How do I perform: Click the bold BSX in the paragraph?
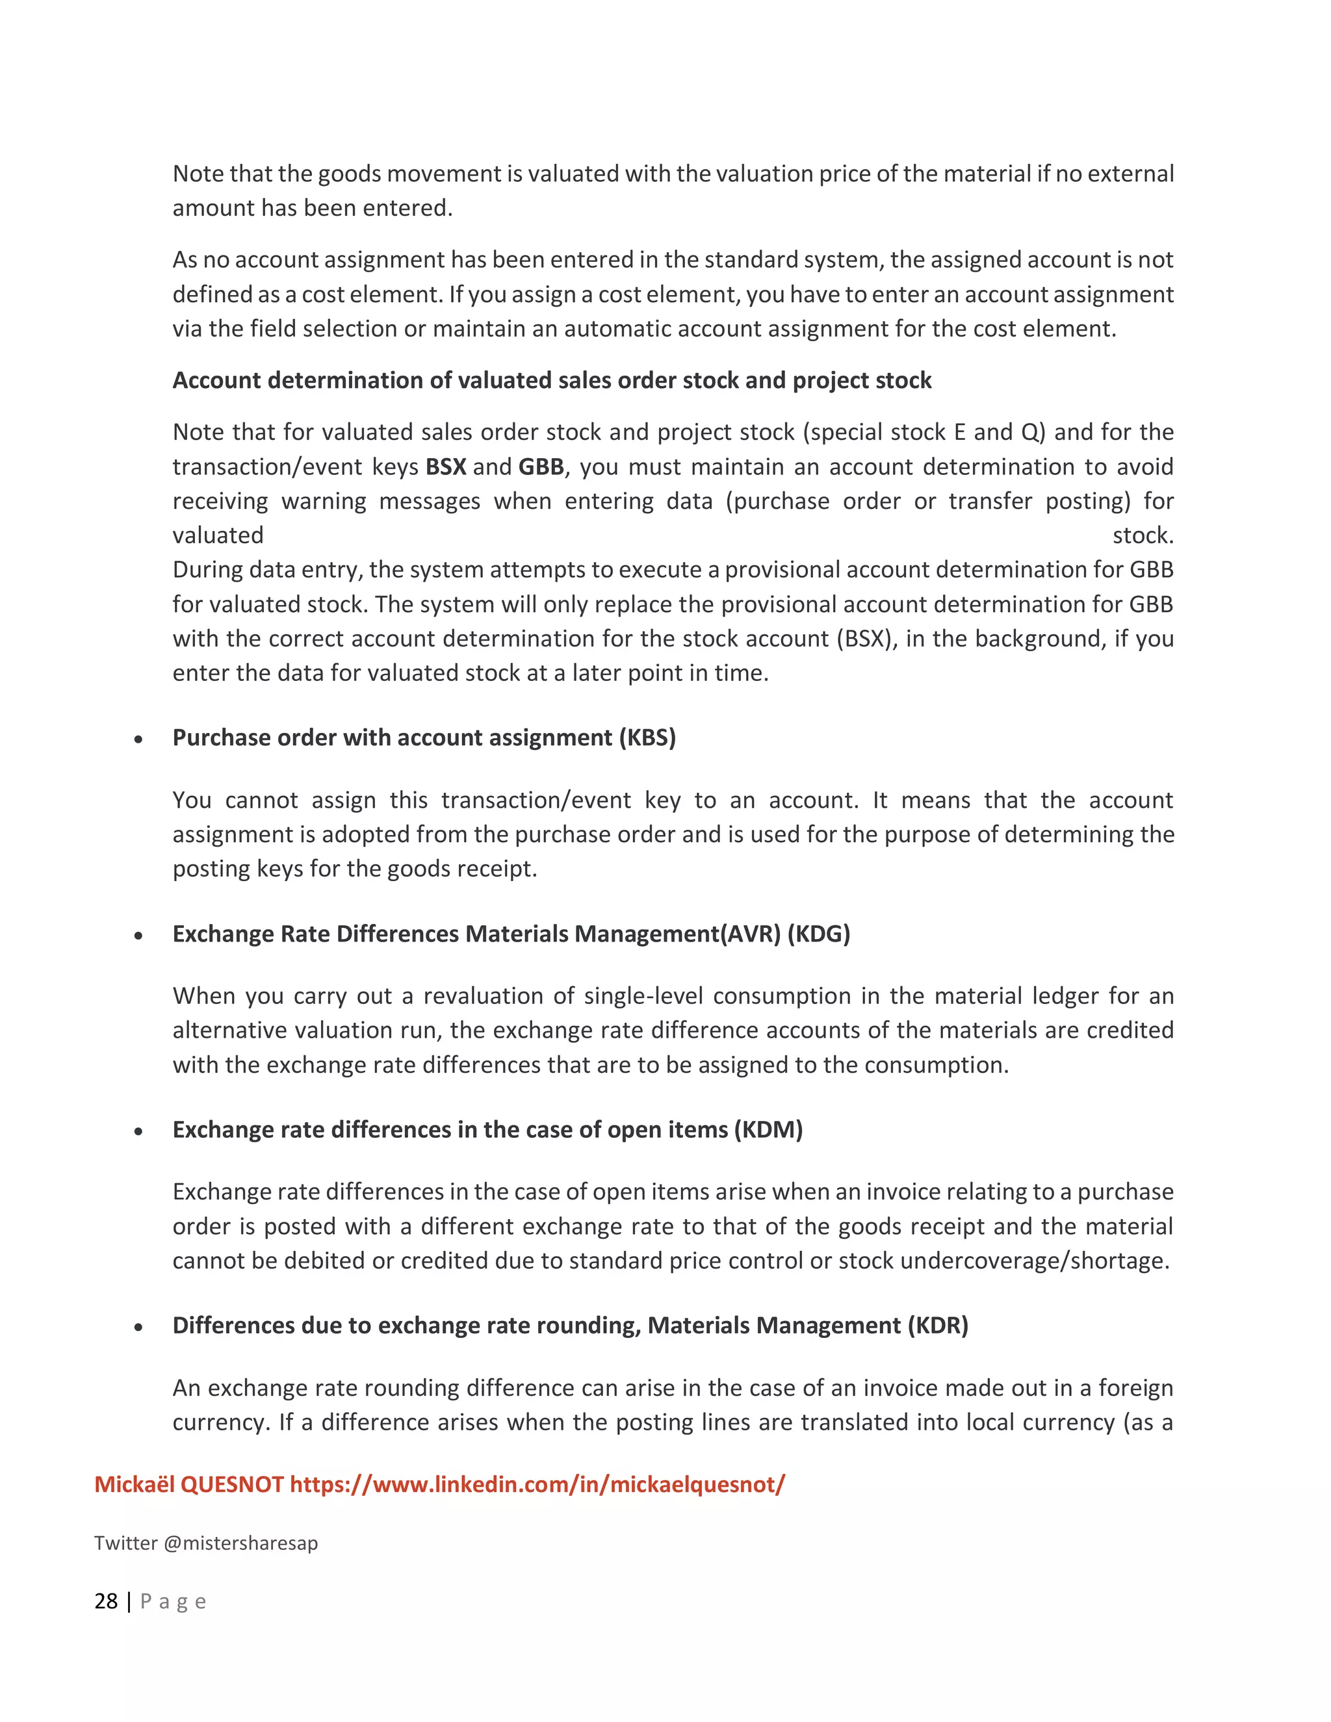pyautogui.click(x=445, y=467)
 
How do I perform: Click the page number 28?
pyautogui.click(x=106, y=1601)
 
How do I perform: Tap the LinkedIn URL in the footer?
pyautogui.click(x=537, y=1484)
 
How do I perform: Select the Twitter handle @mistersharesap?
pyautogui.click(x=240, y=1543)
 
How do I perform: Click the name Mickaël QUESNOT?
pyautogui.click(x=188, y=1484)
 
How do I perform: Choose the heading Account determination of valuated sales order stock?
pyautogui.click(x=551, y=380)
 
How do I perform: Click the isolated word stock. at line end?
pyautogui.click(x=1143, y=535)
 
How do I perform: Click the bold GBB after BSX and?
pyautogui.click(x=540, y=467)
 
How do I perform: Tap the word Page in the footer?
pyautogui.click(x=174, y=1601)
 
